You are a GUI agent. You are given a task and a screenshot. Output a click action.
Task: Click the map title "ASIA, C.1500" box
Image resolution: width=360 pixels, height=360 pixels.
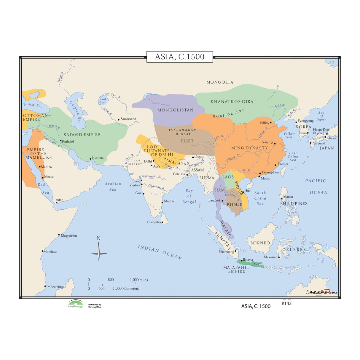tap(180, 57)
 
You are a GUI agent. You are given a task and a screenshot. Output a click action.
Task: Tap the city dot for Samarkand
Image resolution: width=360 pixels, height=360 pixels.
tap(119, 120)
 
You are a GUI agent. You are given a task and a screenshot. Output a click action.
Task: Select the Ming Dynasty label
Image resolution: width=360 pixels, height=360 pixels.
tap(249, 148)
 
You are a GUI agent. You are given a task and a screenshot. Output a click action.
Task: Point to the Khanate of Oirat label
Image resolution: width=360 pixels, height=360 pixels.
tap(233, 101)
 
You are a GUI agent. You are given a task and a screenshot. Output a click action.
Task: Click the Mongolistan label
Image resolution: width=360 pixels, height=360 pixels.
tap(175, 110)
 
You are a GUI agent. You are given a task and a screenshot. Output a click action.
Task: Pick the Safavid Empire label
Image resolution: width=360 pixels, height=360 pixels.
tap(82, 135)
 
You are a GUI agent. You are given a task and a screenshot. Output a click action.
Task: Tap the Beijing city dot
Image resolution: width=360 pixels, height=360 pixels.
tap(271, 122)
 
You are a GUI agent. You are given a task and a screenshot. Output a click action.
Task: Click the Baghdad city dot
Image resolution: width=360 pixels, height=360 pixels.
tap(61, 141)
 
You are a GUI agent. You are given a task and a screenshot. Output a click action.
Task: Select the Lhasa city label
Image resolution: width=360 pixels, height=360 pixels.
tap(198, 156)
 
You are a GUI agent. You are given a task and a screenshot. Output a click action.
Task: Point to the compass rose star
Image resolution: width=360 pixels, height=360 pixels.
tap(99, 253)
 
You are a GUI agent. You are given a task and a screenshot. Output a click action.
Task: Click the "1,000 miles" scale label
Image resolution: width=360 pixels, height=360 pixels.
tap(139, 280)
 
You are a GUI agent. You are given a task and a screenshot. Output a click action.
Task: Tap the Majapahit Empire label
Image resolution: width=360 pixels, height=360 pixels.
tap(236, 269)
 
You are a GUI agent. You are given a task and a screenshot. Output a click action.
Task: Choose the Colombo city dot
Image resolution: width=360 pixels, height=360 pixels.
tap(162, 222)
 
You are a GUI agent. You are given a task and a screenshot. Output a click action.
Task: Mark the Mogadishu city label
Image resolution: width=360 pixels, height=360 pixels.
tap(69, 236)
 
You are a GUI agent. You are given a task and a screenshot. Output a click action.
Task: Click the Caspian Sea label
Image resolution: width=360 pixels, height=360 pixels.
tap(75, 112)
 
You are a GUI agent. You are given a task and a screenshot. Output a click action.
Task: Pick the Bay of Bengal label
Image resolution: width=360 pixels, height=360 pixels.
tap(189, 196)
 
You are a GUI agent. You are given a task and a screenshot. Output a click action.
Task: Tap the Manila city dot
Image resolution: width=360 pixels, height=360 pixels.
tap(281, 198)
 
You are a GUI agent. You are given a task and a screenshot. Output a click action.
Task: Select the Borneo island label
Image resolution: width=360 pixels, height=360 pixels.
tap(260, 243)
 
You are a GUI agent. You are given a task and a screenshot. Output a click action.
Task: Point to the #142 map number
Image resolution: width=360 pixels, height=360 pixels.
tap(286, 303)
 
